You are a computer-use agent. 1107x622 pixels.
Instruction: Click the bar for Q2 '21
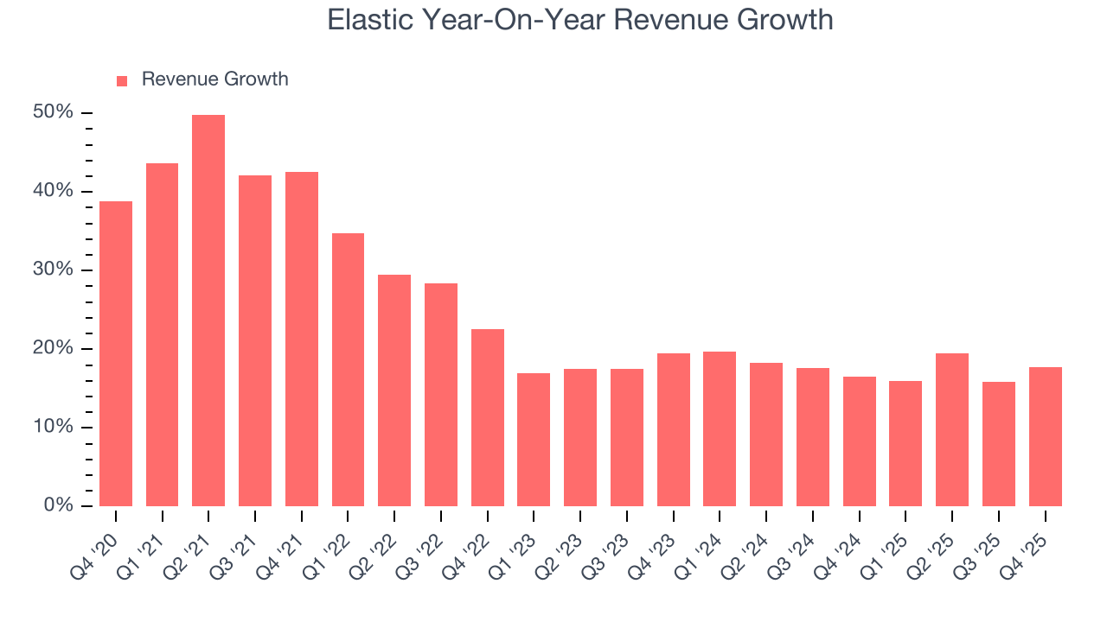point(208,311)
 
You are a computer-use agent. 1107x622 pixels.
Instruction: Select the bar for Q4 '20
point(116,354)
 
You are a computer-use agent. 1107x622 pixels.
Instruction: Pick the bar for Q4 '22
point(488,418)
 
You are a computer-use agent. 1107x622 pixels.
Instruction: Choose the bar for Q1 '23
point(534,440)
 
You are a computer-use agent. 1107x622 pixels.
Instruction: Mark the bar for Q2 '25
point(952,430)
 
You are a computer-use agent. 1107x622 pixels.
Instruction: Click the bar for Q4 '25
point(1046,437)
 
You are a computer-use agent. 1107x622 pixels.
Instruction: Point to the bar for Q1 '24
point(720,429)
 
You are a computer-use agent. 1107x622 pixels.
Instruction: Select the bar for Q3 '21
point(255,341)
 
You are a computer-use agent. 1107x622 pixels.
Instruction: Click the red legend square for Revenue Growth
point(122,80)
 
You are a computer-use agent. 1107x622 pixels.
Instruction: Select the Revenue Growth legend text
point(214,79)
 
